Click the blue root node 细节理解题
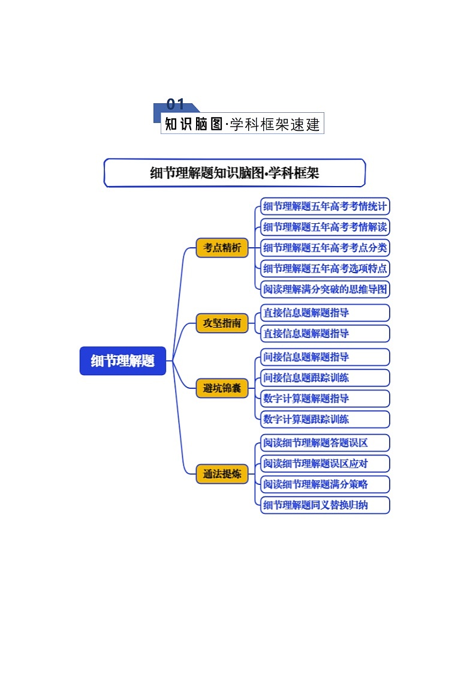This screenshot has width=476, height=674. pos(123,361)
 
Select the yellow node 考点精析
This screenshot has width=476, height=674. pos(222,247)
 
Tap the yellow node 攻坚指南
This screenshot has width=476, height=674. pos(222,323)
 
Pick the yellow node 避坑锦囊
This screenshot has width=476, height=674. pos(222,388)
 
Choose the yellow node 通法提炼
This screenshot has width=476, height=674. pos(222,474)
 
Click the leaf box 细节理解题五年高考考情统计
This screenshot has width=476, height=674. pos(325,206)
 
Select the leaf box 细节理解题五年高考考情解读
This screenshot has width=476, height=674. pos(325,227)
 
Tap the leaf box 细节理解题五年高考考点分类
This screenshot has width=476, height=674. pos(325,247)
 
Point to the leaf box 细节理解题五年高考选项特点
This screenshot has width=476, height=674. pos(325,268)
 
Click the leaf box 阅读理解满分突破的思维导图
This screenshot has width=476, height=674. pos(325,289)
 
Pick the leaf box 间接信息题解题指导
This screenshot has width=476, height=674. pos(325,357)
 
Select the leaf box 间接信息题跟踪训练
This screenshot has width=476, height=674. pos(325,378)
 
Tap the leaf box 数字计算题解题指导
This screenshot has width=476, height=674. pos(325,399)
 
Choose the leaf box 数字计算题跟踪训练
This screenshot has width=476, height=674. pos(325,419)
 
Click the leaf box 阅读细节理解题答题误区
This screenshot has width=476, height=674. pos(325,443)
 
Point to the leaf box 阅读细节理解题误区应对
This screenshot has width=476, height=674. pos(325,463)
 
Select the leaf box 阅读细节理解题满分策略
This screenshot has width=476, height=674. pos(325,484)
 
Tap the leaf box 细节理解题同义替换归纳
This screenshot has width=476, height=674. pos(325,505)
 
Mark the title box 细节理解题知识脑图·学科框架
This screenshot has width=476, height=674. pos(234,173)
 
